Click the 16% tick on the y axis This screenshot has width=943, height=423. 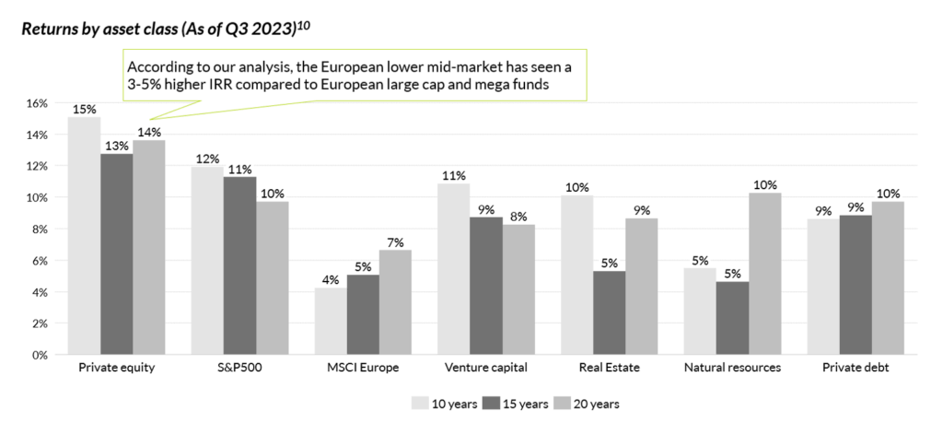[38, 103]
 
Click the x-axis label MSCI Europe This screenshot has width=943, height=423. [362, 368]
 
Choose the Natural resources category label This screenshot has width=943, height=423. [732, 368]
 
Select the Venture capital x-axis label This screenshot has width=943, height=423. [485, 368]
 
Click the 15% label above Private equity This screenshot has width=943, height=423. [84, 109]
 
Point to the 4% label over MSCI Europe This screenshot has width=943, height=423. [329, 280]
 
